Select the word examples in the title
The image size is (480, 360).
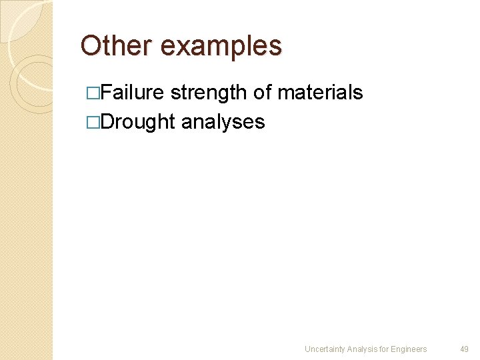pos(221,47)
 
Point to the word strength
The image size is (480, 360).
pos(208,93)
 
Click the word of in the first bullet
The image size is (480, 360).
pos(262,92)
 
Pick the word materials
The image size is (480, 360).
pos(320,92)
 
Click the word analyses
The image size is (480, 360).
pos(223,123)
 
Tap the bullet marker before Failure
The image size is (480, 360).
pos(94,93)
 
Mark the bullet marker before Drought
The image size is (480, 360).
pos(94,122)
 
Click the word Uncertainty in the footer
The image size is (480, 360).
pos(325,349)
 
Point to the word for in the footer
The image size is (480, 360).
pos(385,349)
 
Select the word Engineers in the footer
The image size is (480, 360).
pos(410,349)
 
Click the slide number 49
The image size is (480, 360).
pos(465,349)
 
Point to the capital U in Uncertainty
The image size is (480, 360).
pos(307,349)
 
